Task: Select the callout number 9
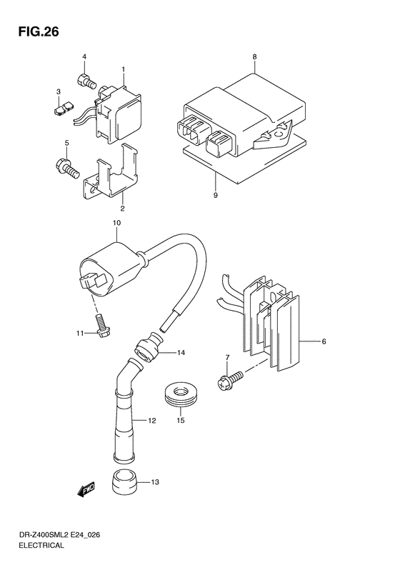pyautogui.click(x=214, y=194)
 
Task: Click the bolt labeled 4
pyautogui.click(x=86, y=82)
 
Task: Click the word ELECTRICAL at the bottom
pyautogui.click(x=39, y=546)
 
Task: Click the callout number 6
pyautogui.click(x=324, y=342)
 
